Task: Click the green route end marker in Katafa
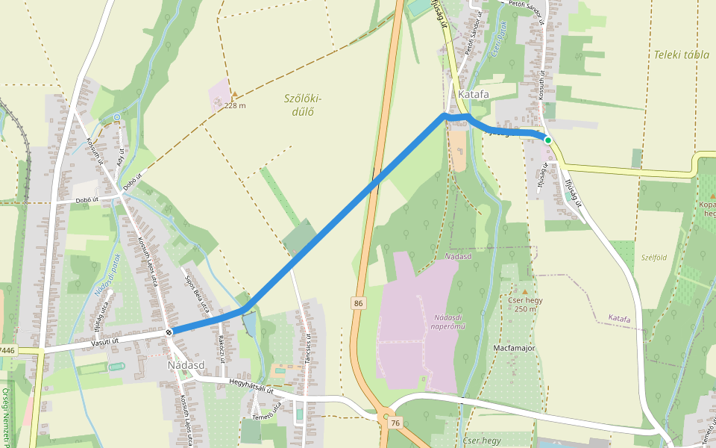(547, 140)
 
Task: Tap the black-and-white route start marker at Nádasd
(170, 332)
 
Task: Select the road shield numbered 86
(359, 302)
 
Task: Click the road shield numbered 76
(395, 423)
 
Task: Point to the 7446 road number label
(7, 349)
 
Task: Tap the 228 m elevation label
(235, 105)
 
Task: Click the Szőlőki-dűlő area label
(303, 105)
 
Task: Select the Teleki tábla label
(681, 55)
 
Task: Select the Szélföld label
(653, 257)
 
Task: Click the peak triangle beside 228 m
(234, 95)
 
